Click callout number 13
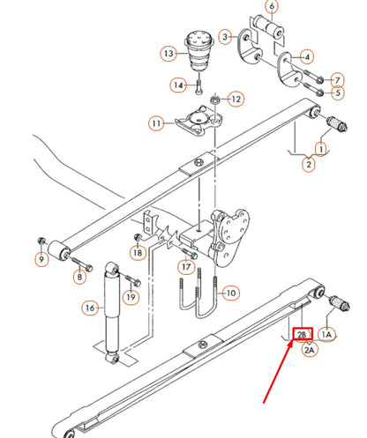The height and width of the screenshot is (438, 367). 169,54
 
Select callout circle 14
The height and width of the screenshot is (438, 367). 178,85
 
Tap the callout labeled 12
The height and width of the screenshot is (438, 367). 235,99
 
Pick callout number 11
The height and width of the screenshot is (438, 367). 156,123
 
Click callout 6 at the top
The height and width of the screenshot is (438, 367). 272,8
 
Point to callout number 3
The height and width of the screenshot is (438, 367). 226,36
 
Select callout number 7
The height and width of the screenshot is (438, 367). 338,80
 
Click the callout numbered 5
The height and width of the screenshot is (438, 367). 338,93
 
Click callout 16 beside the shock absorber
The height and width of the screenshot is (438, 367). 89,308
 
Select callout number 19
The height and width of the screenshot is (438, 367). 130,298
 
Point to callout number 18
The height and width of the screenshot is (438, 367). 137,253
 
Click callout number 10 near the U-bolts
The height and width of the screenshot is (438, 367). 230,293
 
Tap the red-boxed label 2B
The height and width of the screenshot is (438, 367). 302,335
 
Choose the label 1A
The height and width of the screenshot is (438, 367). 326,335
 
